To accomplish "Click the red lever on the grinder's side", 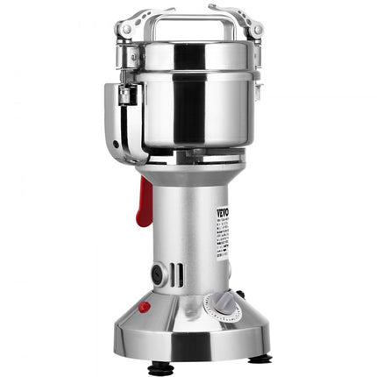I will pyautogui.click(x=143, y=201).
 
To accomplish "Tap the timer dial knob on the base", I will pyautogui.click(x=222, y=303).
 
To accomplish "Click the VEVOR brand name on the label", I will pyautogui.click(x=224, y=213).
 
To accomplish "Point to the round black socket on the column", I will pyautogui.click(x=158, y=274).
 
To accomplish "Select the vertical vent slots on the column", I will pyautogui.click(x=176, y=274).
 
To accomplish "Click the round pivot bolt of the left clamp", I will pyautogui.click(x=127, y=32).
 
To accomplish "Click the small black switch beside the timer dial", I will pyautogui.click(x=240, y=295).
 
